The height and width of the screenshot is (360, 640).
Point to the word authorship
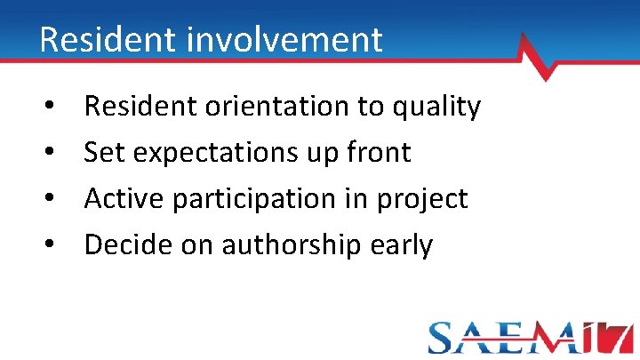(x=292, y=244)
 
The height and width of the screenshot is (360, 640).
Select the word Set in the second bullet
(x=105, y=152)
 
